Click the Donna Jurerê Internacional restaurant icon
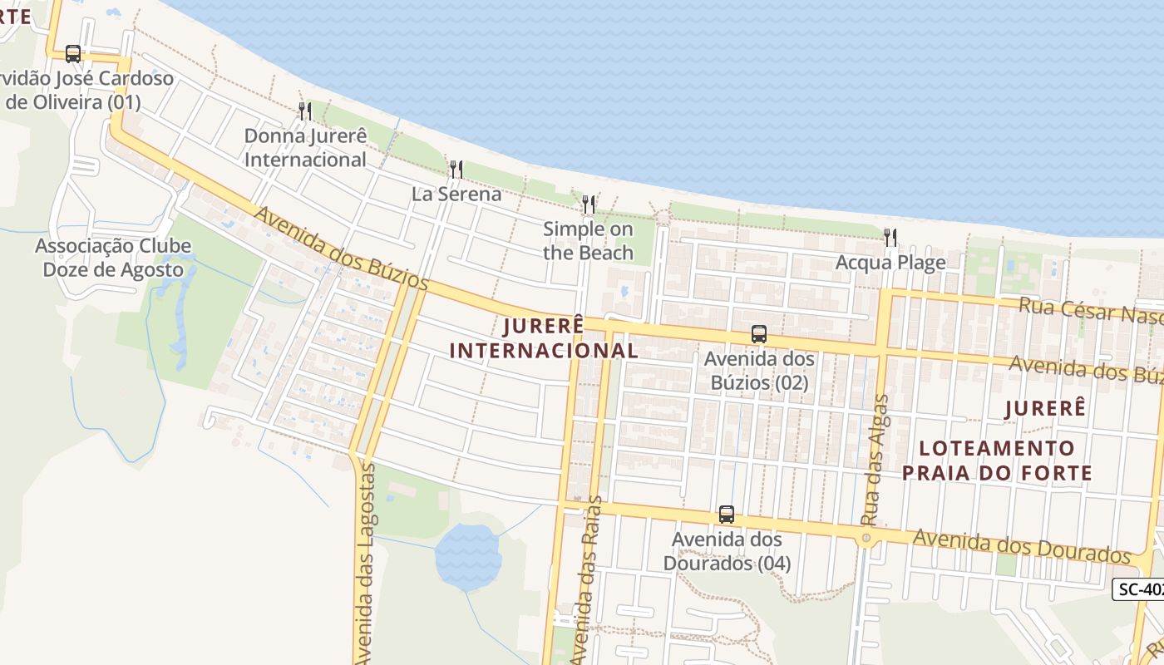[304, 111]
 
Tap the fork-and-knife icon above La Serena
[456, 170]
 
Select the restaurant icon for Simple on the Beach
[589, 204]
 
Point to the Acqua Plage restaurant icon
[890, 238]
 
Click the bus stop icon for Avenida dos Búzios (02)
[758, 334]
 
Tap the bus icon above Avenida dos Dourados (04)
[727, 515]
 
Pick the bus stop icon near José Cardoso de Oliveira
[73, 54]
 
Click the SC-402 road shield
[1138, 589]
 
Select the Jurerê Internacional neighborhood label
[544, 338]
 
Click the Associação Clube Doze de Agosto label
[113, 258]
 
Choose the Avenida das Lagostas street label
[364, 565]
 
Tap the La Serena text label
[456, 195]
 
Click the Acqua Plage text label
[890, 263]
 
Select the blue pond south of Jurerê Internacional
[468, 555]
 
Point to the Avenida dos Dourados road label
[1022, 545]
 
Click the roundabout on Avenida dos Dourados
[866, 539]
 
